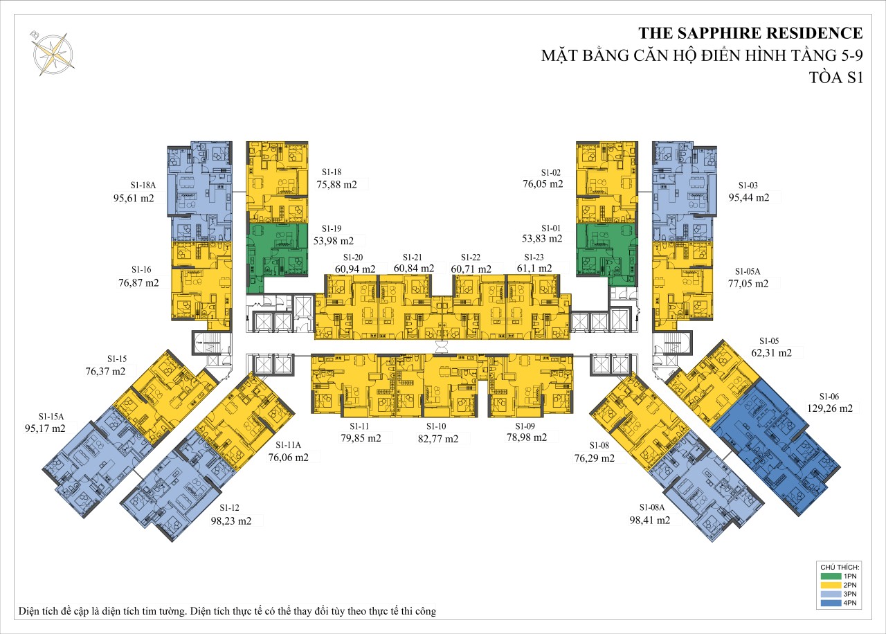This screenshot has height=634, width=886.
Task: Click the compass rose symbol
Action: [x=53, y=54]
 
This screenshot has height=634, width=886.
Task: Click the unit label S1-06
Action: [x=829, y=397]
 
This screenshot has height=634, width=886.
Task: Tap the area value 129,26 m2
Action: [x=830, y=408]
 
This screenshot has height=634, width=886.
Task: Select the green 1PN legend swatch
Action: [x=831, y=577]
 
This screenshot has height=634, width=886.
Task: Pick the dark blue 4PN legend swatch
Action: [x=831, y=603]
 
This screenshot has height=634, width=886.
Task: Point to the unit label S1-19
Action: [x=332, y=228]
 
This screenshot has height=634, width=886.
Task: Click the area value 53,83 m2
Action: [x=542, y=239]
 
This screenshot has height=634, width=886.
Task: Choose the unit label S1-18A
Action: [x=143, y=185]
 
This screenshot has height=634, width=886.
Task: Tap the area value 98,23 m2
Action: [x=231, y=521]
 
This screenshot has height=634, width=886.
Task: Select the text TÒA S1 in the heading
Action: [x=835, y=78]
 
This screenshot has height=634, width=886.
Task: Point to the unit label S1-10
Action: [x=436, y=426]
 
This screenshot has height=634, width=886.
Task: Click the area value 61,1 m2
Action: [x=534, y=268]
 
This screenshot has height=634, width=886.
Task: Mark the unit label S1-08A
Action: [x=652, y=507]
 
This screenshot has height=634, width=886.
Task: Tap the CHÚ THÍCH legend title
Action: [x=840, y=567]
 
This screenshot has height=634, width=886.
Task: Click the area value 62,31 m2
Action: [x=772, y=353]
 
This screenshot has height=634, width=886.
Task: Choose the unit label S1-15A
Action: [x=51, y=417]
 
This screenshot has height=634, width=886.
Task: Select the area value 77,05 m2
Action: [x=748, y=284]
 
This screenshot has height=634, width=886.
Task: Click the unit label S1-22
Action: [x=471, y=257]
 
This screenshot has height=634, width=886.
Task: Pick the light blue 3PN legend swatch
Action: [x=831, y=594]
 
